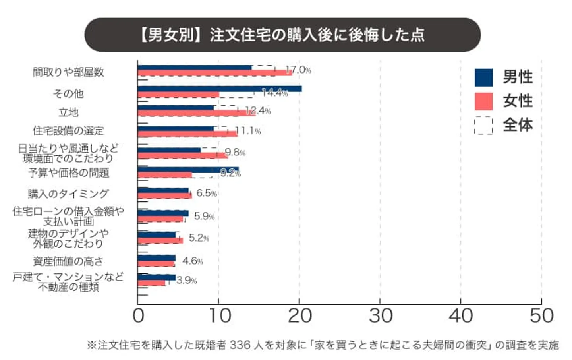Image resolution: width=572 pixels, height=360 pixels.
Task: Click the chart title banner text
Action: [282, 35]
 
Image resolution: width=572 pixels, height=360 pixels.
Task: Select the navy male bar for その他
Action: [220, 89]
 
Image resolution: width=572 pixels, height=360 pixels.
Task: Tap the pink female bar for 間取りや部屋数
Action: [214, 73]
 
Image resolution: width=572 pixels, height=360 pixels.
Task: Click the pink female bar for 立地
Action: [197, 113]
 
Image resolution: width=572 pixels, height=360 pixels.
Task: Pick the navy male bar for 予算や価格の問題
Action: [188, 170]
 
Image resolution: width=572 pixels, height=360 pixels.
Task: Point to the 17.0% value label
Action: [298, 70]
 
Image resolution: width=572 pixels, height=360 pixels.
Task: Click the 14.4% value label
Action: [275, 93]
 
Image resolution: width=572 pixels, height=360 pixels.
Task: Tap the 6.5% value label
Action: [207, 193]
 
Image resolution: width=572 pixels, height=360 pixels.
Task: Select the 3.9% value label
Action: [187, 280]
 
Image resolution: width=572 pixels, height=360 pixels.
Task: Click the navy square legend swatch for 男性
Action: [483, 77]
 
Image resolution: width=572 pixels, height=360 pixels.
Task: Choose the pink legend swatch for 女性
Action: [483, 101]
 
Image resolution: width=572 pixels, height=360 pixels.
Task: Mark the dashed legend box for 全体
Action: [483, 125]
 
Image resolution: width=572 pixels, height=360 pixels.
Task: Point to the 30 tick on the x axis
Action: [380, 316]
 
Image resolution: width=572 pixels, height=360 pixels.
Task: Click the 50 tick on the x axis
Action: [541, 316]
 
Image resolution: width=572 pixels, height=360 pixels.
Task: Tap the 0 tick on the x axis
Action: [138, 316]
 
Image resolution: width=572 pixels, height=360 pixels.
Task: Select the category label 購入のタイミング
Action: [68, 194]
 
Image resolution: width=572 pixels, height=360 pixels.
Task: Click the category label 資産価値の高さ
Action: [68, 261]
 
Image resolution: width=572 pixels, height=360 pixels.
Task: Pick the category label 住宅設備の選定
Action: [68, 131]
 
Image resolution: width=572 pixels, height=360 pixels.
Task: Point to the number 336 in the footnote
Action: [240, 345]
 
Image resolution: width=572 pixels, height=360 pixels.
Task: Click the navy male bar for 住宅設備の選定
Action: [176, 128]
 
